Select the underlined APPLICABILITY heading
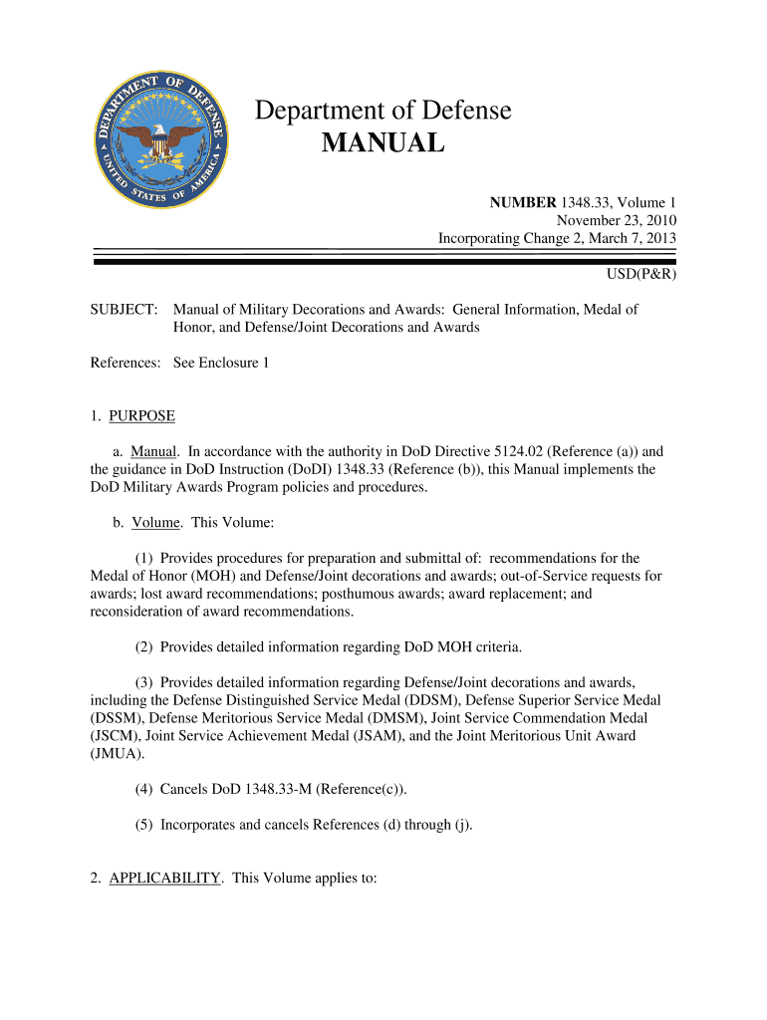(164, 878)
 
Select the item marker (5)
(145, 826)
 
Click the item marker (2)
(145, 646)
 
